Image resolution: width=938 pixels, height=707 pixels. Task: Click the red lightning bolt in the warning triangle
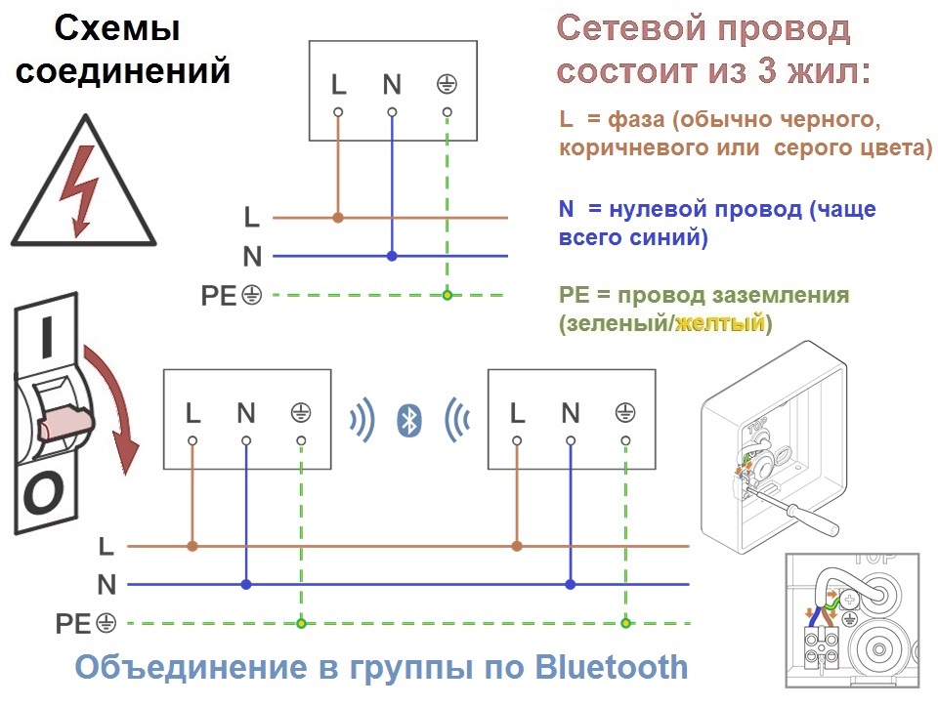79,190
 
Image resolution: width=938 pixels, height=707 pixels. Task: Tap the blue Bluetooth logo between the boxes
409,420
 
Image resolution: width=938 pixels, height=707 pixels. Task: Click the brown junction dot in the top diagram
338,218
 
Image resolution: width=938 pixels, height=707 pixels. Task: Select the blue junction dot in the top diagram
392,256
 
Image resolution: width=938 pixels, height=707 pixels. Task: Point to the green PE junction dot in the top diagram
447,295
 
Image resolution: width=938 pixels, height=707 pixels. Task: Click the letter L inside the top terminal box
339,84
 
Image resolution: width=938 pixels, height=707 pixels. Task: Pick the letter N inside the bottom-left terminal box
246,413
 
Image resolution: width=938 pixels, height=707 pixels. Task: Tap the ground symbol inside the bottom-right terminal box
625,412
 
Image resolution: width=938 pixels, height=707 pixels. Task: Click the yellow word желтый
720,323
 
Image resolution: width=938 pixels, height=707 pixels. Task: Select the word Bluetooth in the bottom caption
612,667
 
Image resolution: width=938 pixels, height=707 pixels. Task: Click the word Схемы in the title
117,28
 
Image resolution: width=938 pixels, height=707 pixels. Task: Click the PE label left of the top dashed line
218,296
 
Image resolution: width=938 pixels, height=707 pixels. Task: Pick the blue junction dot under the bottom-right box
570,585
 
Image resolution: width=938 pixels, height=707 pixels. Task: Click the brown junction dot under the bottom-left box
192,546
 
